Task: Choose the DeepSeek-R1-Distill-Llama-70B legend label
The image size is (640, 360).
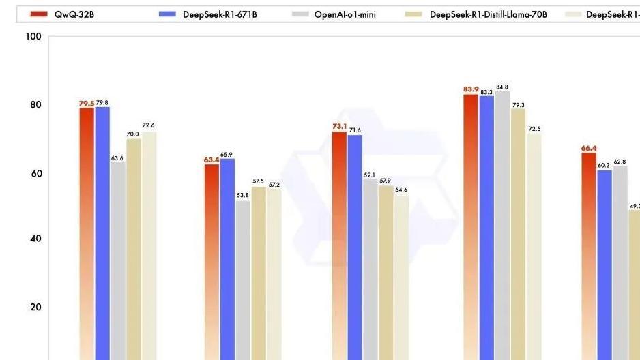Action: [x=489, y=14]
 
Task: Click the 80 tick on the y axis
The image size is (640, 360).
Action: [x=34, y=105]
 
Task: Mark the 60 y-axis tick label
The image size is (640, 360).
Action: [x=34, y=174]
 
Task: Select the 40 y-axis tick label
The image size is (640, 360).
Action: [x=34, y=239]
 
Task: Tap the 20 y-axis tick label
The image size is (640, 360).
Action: [x=34, y=307]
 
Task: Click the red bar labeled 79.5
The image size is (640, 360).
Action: [x=87, y=232]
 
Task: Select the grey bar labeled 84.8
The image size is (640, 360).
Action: [x=502, y=225]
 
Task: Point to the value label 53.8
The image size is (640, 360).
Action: [x=242, y=195]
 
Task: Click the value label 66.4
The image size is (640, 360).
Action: [x=589, y=148]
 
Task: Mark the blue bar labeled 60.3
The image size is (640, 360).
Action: [x=605, y=266]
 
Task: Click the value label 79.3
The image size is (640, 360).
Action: [x=519, y=105]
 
